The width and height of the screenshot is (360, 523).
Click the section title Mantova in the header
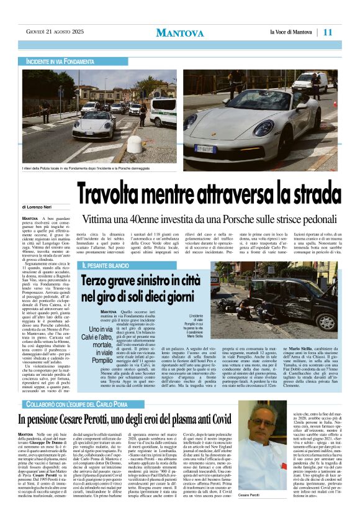point(179,32)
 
